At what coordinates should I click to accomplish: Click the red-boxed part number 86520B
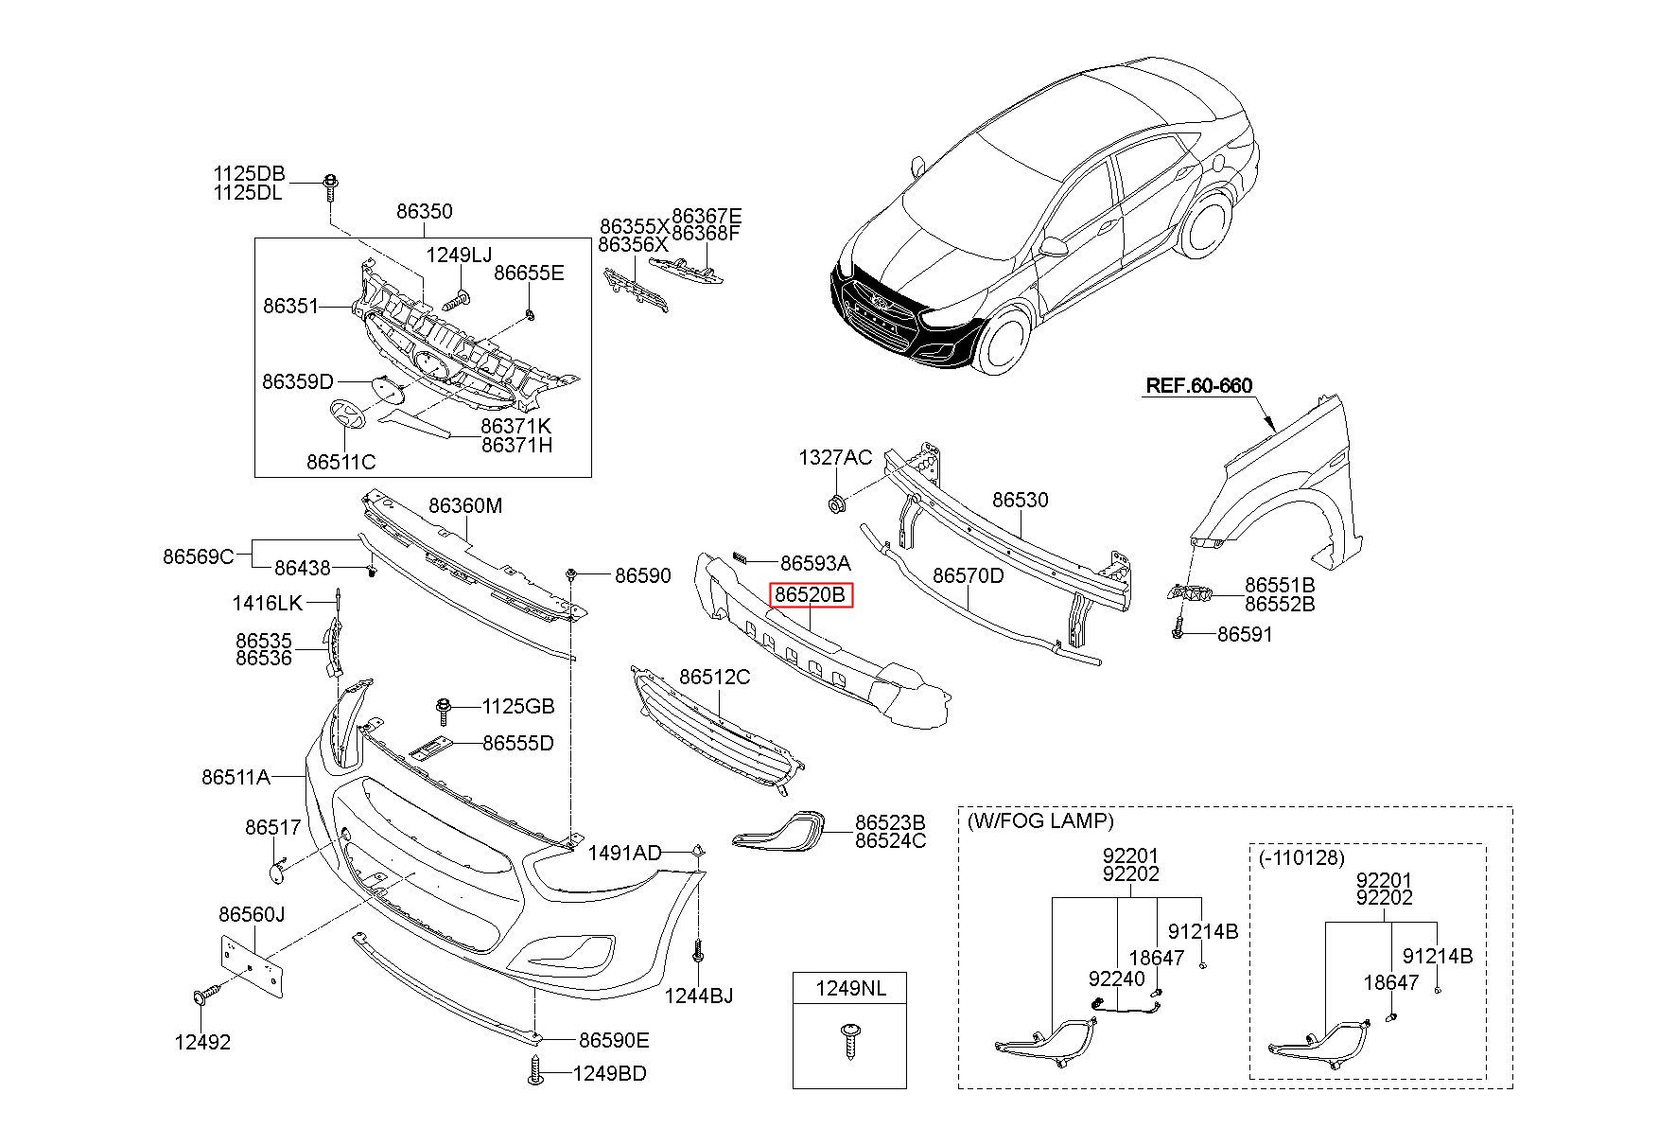click(812, 595)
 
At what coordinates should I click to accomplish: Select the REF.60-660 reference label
click(1198, 386)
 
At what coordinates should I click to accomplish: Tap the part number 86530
click(1020, 500)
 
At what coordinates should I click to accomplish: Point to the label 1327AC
click(835, 458)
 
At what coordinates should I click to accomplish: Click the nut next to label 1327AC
click(835, 503)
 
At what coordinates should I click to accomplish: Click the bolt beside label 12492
click(205, 996)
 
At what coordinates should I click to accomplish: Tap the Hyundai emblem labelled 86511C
click(346, 416)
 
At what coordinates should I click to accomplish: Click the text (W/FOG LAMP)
click(1040, 821)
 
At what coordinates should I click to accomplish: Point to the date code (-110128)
click(1301, 857)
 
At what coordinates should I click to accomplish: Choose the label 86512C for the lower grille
click(714, 678)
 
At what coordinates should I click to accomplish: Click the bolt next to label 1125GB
click(443, 707)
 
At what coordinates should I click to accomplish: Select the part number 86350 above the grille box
click(424, 212)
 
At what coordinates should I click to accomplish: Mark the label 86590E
click(614, 1041)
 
